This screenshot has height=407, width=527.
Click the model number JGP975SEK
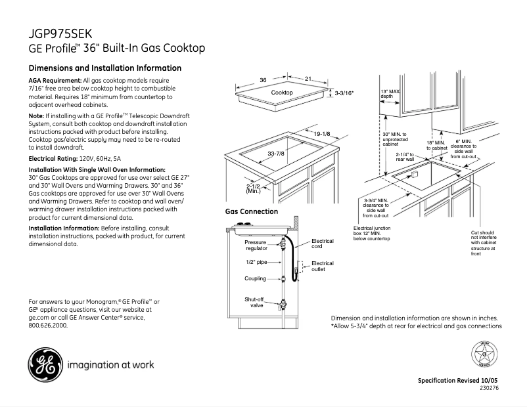[60, 33]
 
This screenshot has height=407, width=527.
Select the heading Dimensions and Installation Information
[105, 68]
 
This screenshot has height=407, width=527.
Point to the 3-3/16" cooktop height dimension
[344, 93]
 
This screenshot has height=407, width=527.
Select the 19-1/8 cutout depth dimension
[321, 134]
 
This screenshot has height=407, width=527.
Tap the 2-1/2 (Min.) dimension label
[254, 188]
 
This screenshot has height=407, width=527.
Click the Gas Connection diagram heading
[252, 212]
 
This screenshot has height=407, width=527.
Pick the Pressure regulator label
[256, 246]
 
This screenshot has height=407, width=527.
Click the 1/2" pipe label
[256, 263]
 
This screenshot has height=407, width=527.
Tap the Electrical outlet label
[322, 266]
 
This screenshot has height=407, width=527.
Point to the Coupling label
[256, 278]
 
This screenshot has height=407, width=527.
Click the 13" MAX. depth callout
[392, 93]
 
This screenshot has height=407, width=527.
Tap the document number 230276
[490, 389]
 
